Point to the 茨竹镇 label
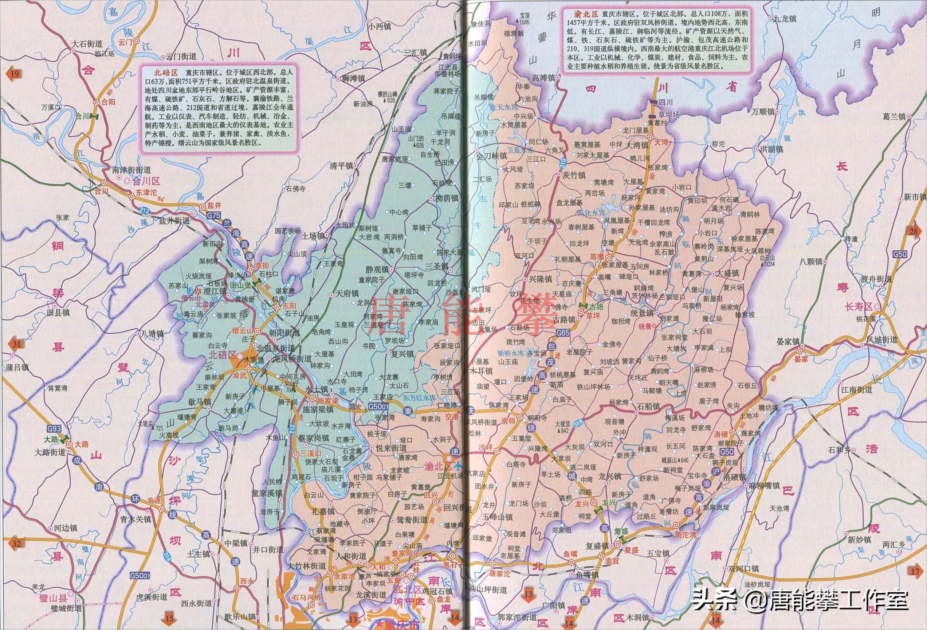click(x=574, y=175)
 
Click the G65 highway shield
click(x=563, y=332)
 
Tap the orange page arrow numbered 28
click(x=913, y=232)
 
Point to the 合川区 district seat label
click(x=146, y=181)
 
